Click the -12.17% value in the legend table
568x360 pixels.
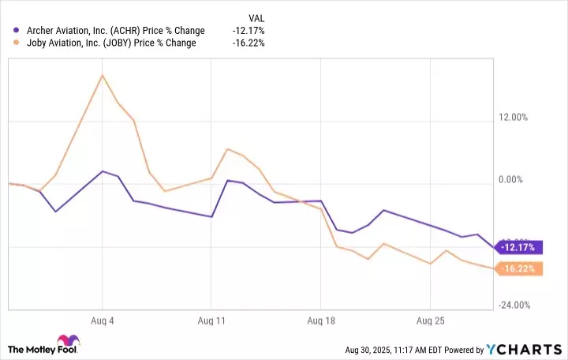click(248, 31)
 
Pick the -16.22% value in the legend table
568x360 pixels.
click(248, 43)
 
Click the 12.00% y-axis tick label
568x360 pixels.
click(517, 118)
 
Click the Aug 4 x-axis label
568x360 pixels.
click(103, 321)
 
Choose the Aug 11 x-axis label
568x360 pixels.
click(211, 321)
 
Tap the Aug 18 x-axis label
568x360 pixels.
click(320, 321)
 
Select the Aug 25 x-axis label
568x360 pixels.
click(429, 321)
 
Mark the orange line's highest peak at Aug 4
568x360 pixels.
click(103, 75)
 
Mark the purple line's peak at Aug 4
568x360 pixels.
click(103, 171)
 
